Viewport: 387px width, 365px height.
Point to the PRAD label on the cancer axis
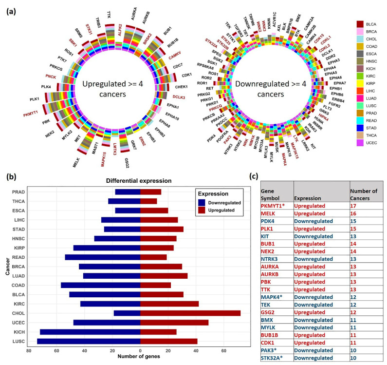pos(19,192)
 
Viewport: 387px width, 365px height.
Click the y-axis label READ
pos(19,257)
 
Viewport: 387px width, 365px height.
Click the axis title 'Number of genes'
pos(140,360)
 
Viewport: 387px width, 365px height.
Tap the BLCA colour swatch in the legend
pos(360,24)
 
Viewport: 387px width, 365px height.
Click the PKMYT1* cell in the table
pos(276,207)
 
